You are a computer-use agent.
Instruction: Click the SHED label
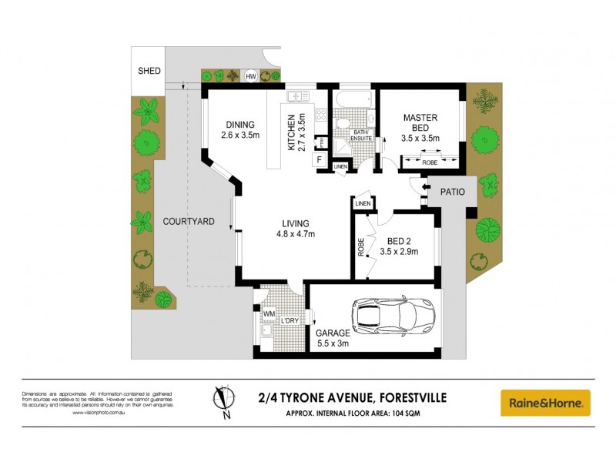tap(149, 71)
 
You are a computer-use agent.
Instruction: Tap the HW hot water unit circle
tap(250, 76)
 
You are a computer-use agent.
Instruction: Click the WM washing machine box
tap(269, 313)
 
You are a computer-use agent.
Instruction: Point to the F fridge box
tap(318, 161)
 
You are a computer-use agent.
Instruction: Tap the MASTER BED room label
tap(420, 122)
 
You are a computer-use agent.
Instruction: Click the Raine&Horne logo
tap(545, 403)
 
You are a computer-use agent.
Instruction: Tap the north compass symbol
tap(224, 400)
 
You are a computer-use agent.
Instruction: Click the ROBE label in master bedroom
tap(430, 162)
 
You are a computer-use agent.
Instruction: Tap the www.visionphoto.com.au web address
tap(99, 413)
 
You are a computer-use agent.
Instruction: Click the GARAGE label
tap(333, 333)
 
